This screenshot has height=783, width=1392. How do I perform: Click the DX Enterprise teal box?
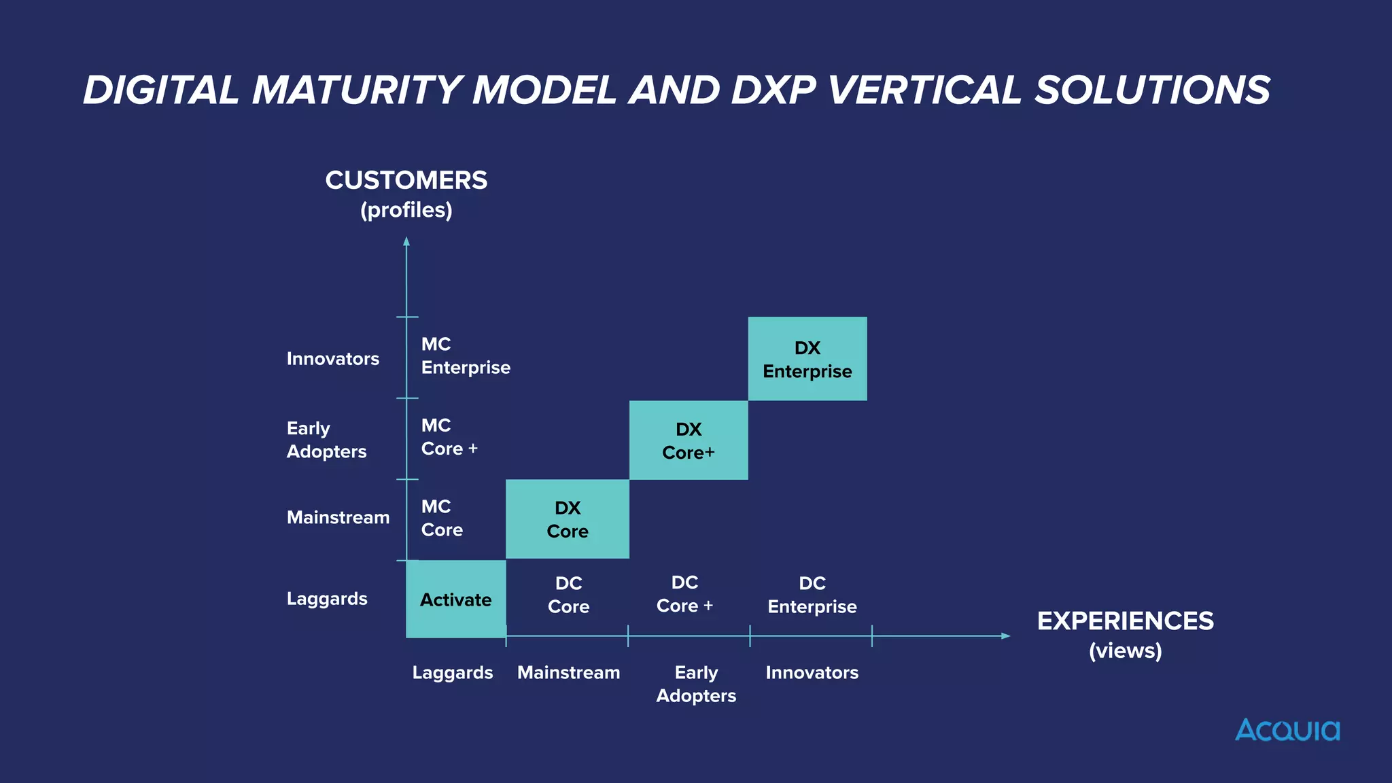[807, 359]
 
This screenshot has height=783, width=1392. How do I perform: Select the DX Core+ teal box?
[688, 440]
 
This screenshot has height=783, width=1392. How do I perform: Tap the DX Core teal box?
[567, 519]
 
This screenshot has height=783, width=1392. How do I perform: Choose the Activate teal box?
[455, 599]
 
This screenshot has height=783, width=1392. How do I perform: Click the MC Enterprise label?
[465, 355]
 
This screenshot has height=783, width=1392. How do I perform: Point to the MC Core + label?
[449, 437]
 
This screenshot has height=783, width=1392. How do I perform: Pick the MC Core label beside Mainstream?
[442, 518]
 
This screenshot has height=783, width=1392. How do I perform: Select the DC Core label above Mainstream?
[568, 595]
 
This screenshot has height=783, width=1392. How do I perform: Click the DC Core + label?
[684, 594]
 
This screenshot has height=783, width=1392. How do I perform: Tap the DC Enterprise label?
[812, 595]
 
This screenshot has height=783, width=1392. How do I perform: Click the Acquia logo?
[1287, 730]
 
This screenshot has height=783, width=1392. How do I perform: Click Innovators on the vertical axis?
[332, 359]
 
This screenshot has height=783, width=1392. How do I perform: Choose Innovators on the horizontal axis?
[812, 673]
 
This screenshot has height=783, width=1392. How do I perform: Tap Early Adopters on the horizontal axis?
[696, 684]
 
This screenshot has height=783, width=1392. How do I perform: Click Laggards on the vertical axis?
[327, 599]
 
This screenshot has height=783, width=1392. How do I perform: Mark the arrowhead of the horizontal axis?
[1006, 636]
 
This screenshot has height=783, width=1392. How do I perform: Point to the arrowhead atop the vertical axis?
[406, 241]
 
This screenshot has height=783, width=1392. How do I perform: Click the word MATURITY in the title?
[358, 90]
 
